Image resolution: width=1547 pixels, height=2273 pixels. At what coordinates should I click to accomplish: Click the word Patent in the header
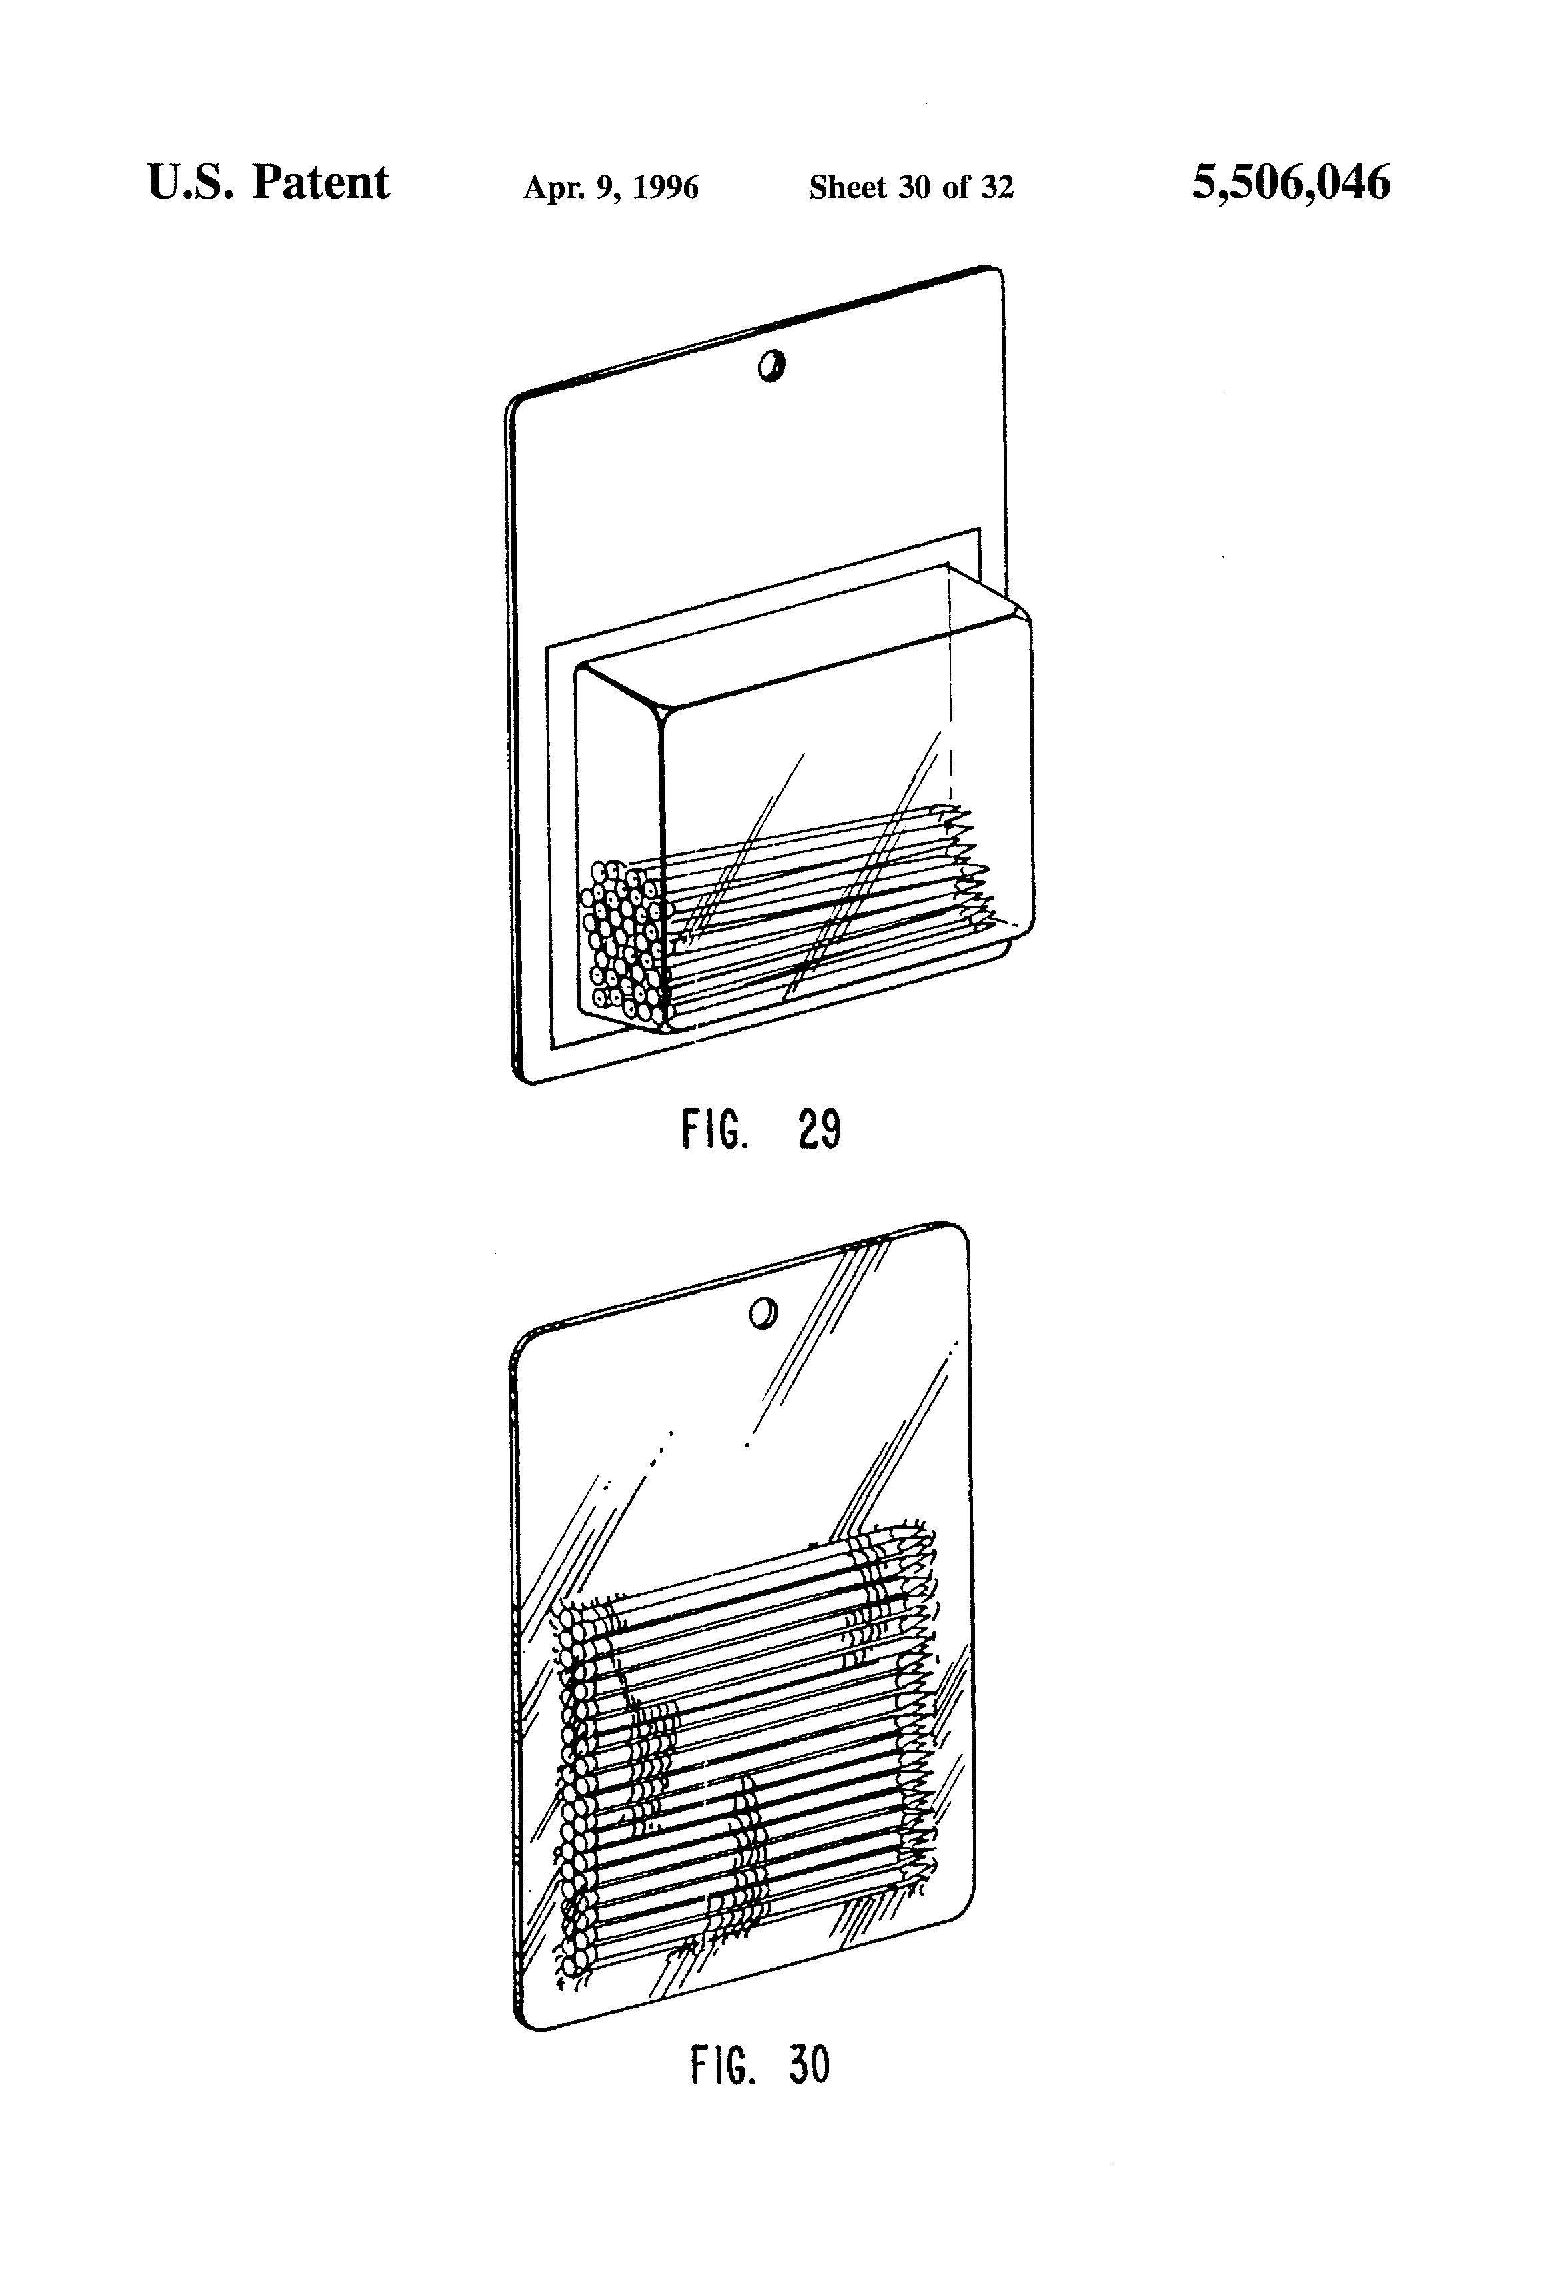pyautogui.click(x=321, y=183)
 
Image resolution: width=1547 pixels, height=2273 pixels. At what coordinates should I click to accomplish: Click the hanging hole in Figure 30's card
pyautogui.click(x=761, y=1313)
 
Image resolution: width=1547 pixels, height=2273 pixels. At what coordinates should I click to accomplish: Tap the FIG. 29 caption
pyautogui.click(x=761, y=1130)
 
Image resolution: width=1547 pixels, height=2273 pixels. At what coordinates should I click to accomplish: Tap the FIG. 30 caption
pyautogui.click(x=759, y=2066)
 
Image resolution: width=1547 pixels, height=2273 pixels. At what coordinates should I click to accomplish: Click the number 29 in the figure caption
pyautogui.click(x=820, y=1130)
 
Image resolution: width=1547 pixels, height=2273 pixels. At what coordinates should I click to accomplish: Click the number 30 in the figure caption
pyautogui.click(x=809, y=2066)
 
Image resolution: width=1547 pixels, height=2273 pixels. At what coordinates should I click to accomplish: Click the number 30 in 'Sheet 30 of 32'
pyautogui.click(x=914, y=187)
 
